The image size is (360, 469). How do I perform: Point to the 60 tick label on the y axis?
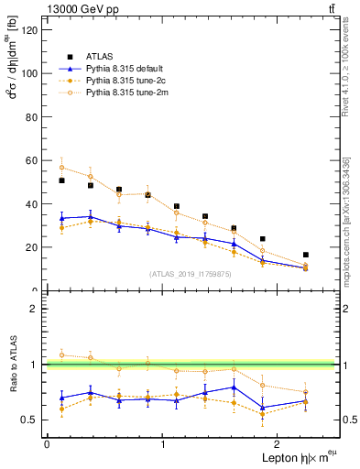click(31, 160)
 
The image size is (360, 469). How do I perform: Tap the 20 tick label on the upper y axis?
click(31, 247)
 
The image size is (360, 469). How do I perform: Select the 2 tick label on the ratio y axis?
click(35, 310)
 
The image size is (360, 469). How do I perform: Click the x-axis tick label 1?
click(163, 444)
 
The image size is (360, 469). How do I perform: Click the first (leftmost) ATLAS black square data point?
click(61, 180)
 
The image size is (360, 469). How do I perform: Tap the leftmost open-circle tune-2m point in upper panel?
click(61, 168)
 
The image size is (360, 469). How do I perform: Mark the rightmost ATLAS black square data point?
click(306, 255)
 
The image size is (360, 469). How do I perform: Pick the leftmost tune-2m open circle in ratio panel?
click(61, 354)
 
